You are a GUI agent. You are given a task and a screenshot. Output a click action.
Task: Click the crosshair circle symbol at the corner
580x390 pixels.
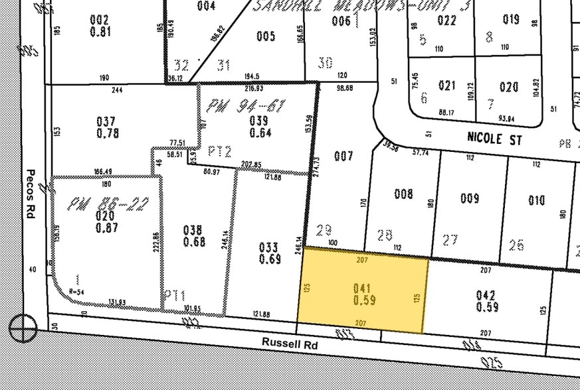tap(23, 328)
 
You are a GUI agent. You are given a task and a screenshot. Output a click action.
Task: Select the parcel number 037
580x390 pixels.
tap(106, 122)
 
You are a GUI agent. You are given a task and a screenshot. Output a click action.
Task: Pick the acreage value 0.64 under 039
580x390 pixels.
tap(259, 131)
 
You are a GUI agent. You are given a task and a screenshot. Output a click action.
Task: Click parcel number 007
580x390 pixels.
tap(343, 157)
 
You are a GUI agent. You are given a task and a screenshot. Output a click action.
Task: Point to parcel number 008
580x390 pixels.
tap(403, 194)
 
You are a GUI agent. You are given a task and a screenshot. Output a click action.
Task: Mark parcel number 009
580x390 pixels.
tap(470, 198)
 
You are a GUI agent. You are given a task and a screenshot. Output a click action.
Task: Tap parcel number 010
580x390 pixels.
tap(537, 200)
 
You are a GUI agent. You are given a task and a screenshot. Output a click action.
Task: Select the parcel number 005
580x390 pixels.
tap(265, 36)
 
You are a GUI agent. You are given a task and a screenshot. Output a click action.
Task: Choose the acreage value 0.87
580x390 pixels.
tap(106, 227)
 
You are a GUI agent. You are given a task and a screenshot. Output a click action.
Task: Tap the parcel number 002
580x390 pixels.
tap(100, 19)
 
